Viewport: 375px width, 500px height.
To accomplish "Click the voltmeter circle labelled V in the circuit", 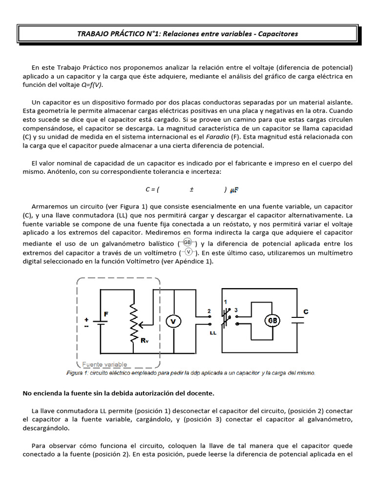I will coord(173,321).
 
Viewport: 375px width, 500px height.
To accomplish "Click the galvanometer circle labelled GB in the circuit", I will coord(272,320).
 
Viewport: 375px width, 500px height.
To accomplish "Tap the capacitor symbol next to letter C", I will coord(297,320).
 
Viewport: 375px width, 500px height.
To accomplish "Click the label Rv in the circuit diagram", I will coord(145,341).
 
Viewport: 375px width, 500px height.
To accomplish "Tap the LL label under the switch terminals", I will coord(213,333).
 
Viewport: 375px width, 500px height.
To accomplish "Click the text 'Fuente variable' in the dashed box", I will coord(104,364).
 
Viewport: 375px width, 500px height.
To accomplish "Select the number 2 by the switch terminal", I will coord(209,311).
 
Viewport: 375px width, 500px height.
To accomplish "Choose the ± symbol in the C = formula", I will coord(192,189).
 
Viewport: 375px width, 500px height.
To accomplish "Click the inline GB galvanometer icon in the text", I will coord(187,243).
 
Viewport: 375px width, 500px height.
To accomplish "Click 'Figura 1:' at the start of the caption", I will coord(78,373).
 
